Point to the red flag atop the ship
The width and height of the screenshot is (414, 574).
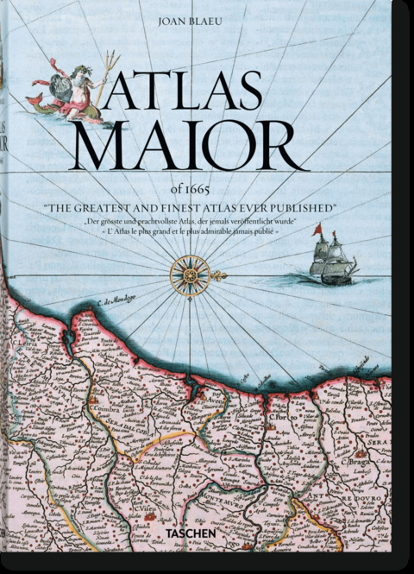pos(317,229)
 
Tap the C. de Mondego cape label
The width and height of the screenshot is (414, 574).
pos(101,305)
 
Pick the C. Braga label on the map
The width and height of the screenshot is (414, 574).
pos(356,465)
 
